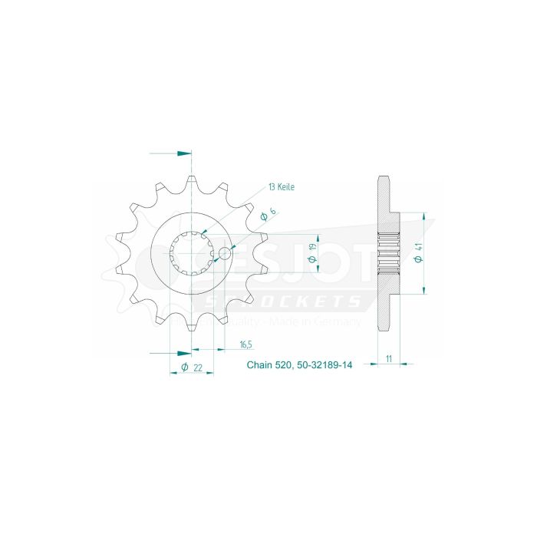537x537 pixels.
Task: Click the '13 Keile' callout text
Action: [x=281, y=186]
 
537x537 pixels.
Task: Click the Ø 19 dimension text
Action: [x=312, y=253]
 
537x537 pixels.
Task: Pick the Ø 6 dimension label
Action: [x=264, y=216]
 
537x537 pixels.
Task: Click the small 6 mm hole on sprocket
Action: [x=225, y=252]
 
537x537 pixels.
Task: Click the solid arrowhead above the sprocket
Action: [x=183, y=153]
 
